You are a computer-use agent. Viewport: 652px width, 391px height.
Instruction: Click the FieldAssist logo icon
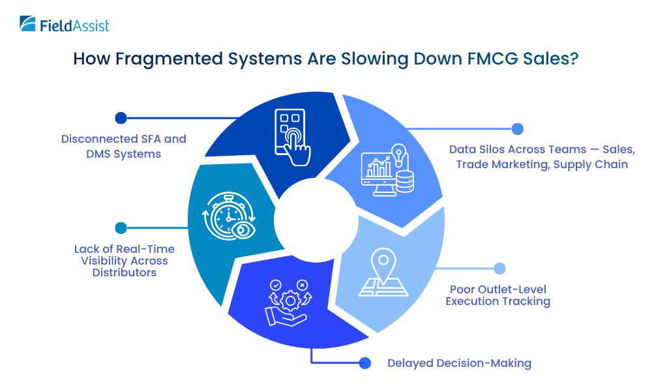click(x=28, y=24)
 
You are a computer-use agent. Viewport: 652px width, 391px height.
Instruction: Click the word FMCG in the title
click(x=486, y=59)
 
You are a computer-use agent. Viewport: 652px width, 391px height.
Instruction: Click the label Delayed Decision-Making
click(x=459, y=363)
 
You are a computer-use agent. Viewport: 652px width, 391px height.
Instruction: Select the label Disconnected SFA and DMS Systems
click(x=124, y=146)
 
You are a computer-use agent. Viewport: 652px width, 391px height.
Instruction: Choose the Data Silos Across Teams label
click(x=542, y=157)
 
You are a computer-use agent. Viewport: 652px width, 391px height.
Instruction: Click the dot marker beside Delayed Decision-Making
click(x=365, y=363)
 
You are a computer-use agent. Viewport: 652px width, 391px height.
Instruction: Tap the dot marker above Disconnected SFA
click(x=120, y=118)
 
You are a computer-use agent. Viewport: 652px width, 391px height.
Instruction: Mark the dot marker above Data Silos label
click(x=517, y=128)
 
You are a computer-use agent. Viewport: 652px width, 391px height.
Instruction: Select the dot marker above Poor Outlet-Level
click(x=499, y=268)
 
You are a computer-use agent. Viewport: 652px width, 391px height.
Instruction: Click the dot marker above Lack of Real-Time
click(x=120, y=227)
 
